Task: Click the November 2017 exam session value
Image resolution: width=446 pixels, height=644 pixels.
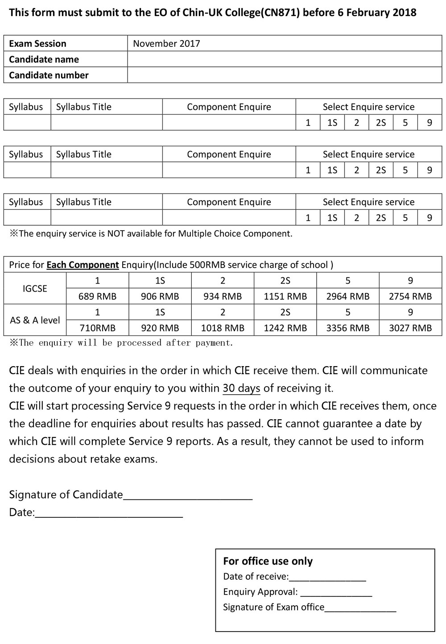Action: coord(166,44)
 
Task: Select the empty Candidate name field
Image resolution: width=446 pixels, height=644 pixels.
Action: coord(284,59)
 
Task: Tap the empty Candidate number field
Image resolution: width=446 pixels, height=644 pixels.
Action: coord(284,75)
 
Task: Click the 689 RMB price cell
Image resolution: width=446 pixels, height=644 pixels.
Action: coord(97,296)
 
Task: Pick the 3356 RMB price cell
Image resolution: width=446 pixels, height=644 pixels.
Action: coord(348,328)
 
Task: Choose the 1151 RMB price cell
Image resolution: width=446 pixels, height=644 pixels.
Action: coord(285,296)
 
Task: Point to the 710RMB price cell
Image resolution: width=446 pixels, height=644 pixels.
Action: coord(97,328)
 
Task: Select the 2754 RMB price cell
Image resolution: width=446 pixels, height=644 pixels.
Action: coord(410,296)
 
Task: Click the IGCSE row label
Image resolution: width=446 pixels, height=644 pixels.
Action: coord(35,289)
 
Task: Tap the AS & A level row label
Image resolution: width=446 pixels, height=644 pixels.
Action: coord(35,320)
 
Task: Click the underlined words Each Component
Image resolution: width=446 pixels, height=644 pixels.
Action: coord(83,265)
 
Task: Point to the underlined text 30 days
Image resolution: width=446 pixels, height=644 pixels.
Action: coord(241,388)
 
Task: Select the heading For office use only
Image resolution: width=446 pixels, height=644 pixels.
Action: coord(268,561)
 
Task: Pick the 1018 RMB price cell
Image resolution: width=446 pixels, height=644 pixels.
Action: coord(223,328)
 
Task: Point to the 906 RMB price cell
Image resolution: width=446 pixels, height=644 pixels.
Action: coord(160,296)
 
